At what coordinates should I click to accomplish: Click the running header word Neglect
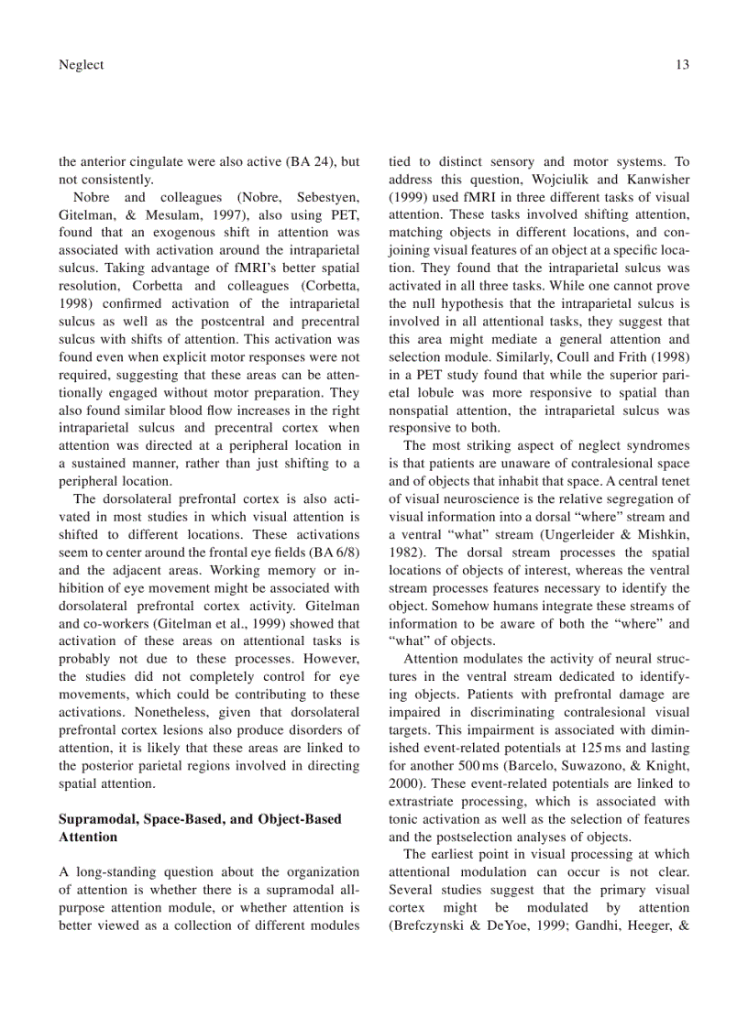coord(81,64)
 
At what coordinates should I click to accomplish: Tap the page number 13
coord(681,64)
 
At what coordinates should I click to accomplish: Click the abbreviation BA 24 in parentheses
coord(311,162)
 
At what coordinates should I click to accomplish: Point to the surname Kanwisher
coord(655,180)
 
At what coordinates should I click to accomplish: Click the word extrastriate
coord(421,802)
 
